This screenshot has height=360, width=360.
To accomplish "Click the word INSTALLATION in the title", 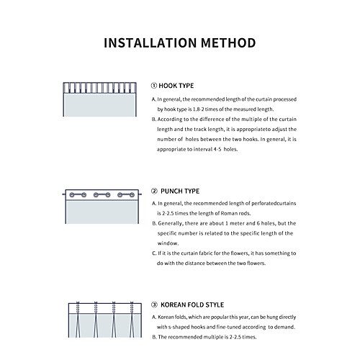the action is point(150,43).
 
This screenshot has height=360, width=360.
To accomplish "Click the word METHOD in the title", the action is point(228,43).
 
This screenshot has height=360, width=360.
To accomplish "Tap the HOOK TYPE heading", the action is point(176,86).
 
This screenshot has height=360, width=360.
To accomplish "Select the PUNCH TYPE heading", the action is point(180,192).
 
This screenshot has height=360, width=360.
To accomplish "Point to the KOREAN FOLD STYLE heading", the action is point(192,305).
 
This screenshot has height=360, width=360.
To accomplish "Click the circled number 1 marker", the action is point(154,86).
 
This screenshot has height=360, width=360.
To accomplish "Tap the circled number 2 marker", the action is point(154,191).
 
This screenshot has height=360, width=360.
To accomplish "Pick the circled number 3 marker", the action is point(154,305).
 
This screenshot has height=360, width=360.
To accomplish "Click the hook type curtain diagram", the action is point(100,99).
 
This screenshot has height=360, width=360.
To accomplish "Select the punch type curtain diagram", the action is point(102,207).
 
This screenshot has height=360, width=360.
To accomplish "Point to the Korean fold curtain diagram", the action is point(105,320).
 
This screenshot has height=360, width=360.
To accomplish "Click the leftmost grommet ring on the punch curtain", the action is point(72,195).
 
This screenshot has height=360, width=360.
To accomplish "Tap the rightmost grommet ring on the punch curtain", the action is point(132,195).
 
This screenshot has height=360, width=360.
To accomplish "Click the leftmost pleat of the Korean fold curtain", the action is point(78,320).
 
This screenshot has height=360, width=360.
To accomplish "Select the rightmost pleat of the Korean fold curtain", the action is point(132,320).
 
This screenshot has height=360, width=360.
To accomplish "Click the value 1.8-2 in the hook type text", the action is point(198,109).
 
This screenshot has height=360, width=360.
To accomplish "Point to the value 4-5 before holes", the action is point(217,149).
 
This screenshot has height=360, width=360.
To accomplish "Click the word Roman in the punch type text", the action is point(229,213).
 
